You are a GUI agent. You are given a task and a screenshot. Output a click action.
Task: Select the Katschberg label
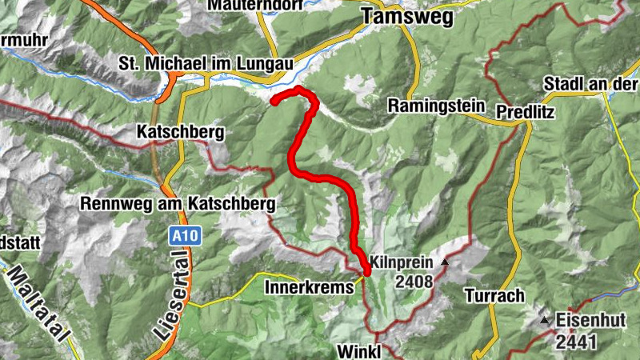(x=178, y=131)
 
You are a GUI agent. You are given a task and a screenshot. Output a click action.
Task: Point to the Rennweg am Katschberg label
(x=178, y=203)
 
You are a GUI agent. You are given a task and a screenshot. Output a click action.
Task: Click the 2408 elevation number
(x=412, y=281)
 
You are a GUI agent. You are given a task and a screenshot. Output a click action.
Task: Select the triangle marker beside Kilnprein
(x=445, y=262)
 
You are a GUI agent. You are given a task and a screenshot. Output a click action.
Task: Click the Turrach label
(x=494, y=296)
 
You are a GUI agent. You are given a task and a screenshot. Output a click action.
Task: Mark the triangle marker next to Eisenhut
(x=545, y=321)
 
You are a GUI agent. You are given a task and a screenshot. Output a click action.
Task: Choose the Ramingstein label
(x=436, y=105)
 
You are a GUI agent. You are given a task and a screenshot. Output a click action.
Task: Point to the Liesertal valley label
(x=167, y=297)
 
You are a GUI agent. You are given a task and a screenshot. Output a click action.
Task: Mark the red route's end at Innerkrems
(x=366, y=272)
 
